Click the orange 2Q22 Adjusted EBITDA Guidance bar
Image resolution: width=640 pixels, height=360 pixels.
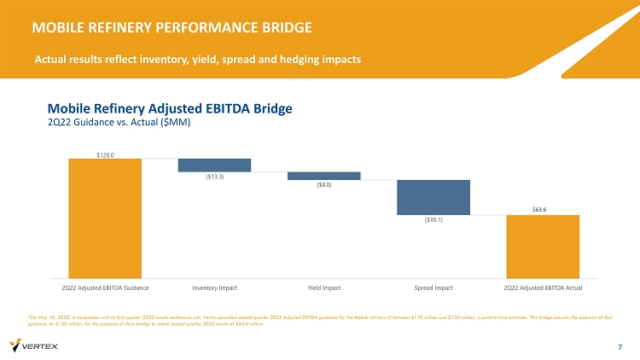click(x=105, y=217)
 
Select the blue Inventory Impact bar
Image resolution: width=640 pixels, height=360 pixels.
click(x=214, y=165)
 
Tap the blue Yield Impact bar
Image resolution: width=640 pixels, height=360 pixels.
click(x=323, y=176)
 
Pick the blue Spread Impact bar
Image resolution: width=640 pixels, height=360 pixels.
click(x=433, y=197)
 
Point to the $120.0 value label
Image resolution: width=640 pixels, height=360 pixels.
click(x=105, y=154)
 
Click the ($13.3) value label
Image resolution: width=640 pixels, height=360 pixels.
click(x=214, y=177)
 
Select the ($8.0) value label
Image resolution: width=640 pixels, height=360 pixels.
click(x=323, y=184)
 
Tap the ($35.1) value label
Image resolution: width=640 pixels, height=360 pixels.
click(x=433, y=219)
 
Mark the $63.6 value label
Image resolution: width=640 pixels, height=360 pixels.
click(x=543, y=210)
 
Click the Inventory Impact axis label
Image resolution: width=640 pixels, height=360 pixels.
click(x=214, y=287)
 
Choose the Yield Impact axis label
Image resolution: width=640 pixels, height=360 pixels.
click(x=323, y=287)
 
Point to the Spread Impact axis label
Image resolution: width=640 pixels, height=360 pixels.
click(x=433, y=287)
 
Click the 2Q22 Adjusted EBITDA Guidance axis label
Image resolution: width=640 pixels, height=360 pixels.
click(x=105, y=287)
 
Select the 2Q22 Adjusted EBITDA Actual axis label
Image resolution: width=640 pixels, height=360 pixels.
click(x=543, y=287)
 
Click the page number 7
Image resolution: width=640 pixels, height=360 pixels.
click(x=620, y=346)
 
